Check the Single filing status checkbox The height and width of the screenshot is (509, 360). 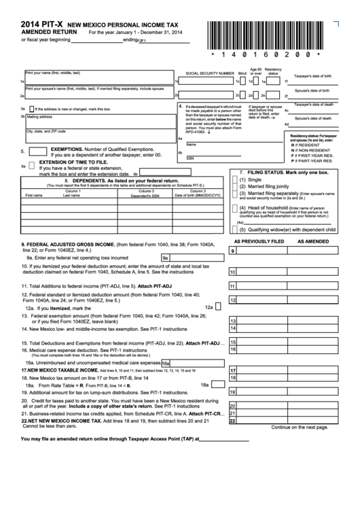coord(235,179)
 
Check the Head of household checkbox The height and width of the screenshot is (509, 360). coord(235,207)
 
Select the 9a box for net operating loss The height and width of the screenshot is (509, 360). coord(165,258)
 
